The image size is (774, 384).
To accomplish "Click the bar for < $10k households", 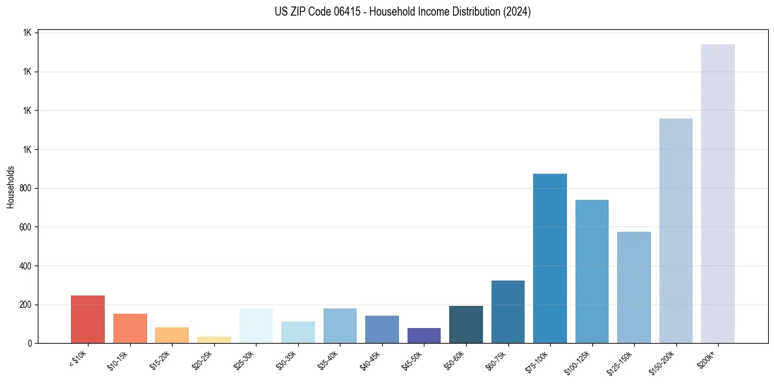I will coord(88,320).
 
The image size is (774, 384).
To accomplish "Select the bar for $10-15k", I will coord(130,329).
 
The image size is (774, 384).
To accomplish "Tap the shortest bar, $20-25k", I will coord(214,340).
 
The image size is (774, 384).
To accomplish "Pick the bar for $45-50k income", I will coord(424,336).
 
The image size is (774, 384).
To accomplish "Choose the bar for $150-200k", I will coord(676,231).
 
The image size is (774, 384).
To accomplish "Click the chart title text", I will coord(403,12).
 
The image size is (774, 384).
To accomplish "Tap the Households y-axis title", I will coord(10,187).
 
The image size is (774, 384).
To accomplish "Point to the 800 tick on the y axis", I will coord(26,188).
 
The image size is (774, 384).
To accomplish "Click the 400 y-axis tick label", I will coord(26,266).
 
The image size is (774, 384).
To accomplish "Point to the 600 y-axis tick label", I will coord(26,227).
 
